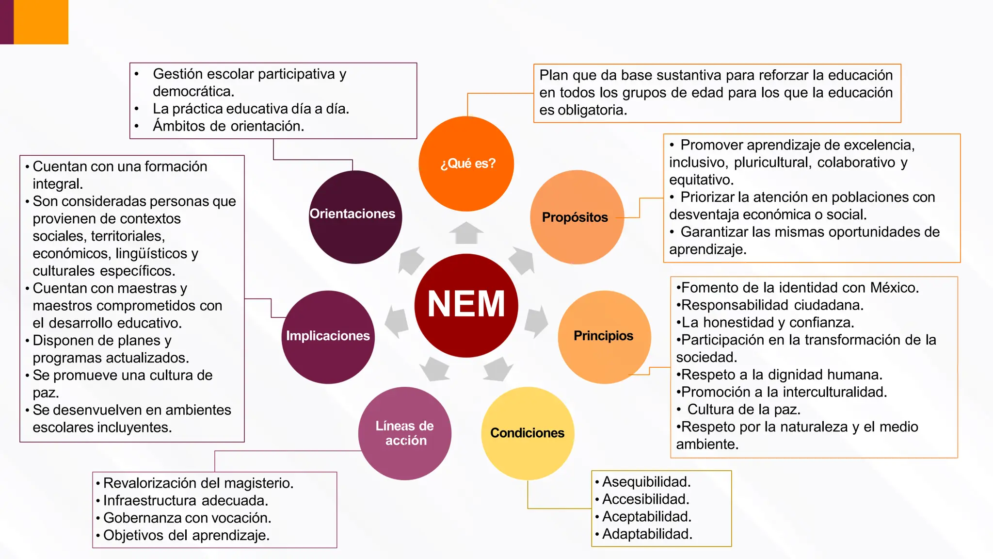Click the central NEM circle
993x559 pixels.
click(466, 305)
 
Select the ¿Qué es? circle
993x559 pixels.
click(466, 164)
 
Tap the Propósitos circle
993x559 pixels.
click(577, 217)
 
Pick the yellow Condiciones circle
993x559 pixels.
click(528, 433)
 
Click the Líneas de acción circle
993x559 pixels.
click(405, 433)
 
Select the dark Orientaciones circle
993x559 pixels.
click(355, 217)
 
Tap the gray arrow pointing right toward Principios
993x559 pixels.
click(536, 321)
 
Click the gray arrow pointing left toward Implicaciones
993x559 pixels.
click(397, 321)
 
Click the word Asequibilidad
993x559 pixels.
click(646, 482)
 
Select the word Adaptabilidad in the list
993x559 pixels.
click(647, 534)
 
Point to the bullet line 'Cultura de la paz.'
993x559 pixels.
click(743, 410)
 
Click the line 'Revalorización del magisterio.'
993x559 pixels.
click(198, 483)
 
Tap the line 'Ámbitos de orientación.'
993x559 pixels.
click(228, 126)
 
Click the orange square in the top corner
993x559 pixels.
click(41, 22)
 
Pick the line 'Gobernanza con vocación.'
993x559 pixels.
click(187, 518)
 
